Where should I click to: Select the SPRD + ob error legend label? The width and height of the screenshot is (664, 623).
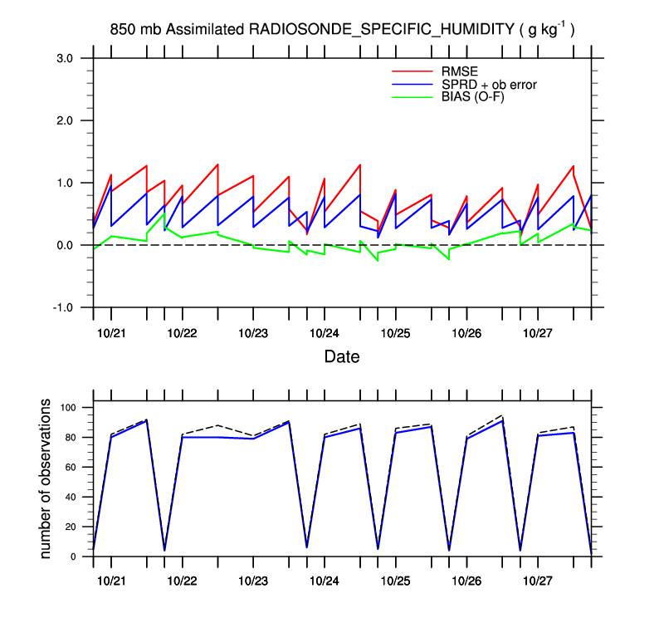[x=489, y=84]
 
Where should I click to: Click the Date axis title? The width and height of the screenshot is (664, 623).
[x=342, y=358]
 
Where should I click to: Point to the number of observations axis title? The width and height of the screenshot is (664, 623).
[x=47, y=478]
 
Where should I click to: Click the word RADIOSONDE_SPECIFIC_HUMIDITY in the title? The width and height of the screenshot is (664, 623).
[x=382, y=30]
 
